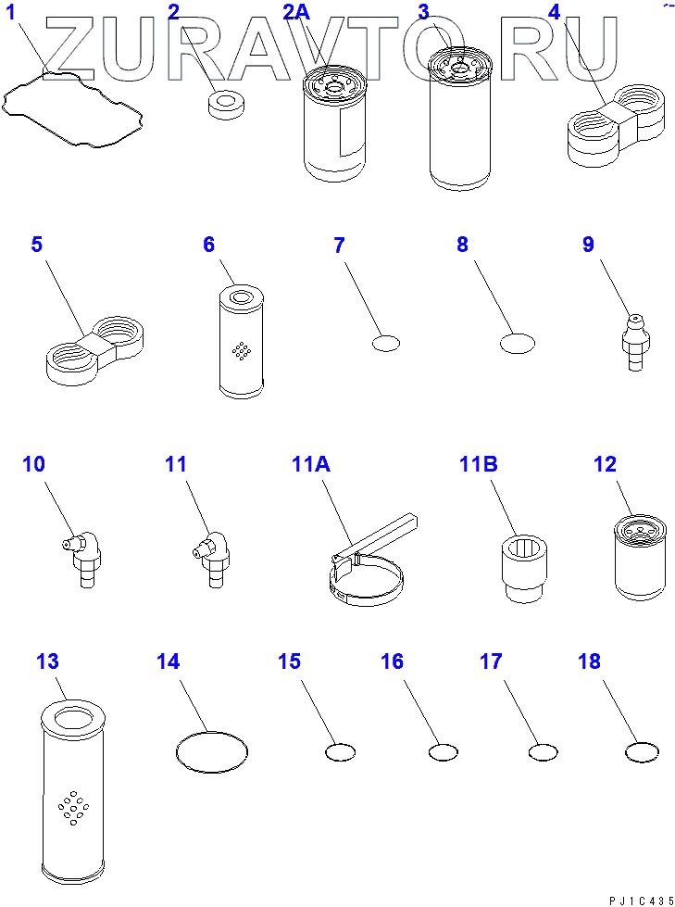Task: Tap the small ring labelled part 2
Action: (x=224, y=106)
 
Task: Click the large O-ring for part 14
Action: (x=211, y=731)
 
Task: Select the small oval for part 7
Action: (x=386, y=343)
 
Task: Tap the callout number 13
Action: (x=47, y=661)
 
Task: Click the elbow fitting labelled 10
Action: (x=81, y=559)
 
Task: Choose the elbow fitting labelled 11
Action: (x=211, y=559)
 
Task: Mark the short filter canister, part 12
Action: (x=639, y=558)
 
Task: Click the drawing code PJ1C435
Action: (x=641, y=901)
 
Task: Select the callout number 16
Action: (x=392, y=661)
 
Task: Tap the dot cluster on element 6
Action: (x=241, y=350)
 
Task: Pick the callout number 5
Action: (x=36, y=244)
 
